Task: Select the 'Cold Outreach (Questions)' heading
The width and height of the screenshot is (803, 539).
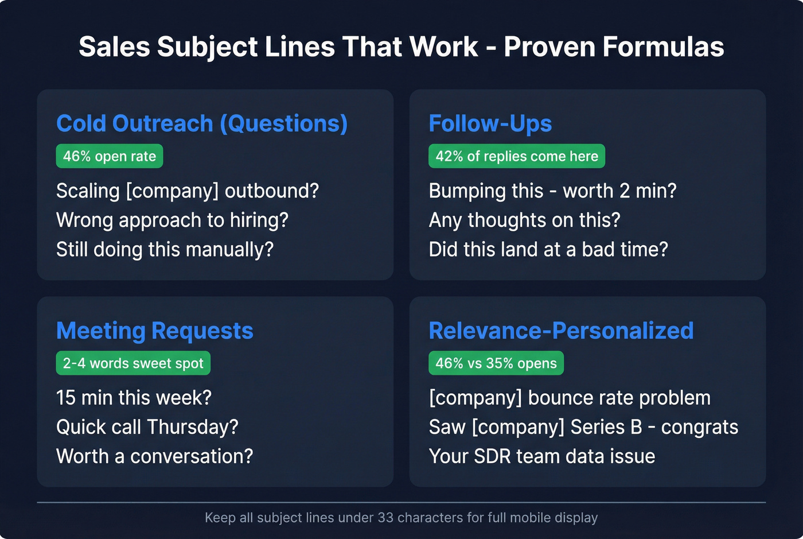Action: click(x=202, y=123)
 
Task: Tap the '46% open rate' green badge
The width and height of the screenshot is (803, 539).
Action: click(x=110, y=156)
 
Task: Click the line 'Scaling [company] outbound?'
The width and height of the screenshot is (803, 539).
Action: click(x=188, y=191)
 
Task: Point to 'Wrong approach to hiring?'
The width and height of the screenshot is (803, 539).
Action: click(x=172, y=220)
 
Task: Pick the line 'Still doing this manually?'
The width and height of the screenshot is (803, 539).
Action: click(x=165, y=249)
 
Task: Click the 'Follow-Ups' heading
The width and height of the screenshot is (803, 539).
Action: click(x=490, y=123)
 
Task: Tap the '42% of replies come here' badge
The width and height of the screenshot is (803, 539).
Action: click(x=517, y=156)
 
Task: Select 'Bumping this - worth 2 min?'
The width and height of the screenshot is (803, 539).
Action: click(x=552, y=191)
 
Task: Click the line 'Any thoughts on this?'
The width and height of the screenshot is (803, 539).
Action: click(x=524, y=220)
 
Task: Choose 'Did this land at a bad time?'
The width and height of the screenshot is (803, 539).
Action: click(x=548, y=249)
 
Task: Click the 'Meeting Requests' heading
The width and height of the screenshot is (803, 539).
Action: click(x=155, y=331)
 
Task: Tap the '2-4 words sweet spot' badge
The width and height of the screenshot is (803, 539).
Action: click(x=133, y=363)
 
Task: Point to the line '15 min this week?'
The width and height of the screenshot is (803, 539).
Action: click(x=134, y=397)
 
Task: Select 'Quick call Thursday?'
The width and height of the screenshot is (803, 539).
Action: click(x=147, y=426)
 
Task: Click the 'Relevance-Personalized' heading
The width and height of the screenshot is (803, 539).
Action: click(x=561, y=331)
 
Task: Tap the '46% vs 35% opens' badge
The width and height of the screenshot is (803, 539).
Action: click(x=496, y=363)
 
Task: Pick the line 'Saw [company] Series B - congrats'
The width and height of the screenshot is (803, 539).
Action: click(x=583, y=426)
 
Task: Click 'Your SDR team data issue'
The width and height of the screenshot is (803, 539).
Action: click(x=542, y=456)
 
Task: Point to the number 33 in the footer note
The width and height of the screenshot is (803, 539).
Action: click(x=385, y=518)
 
